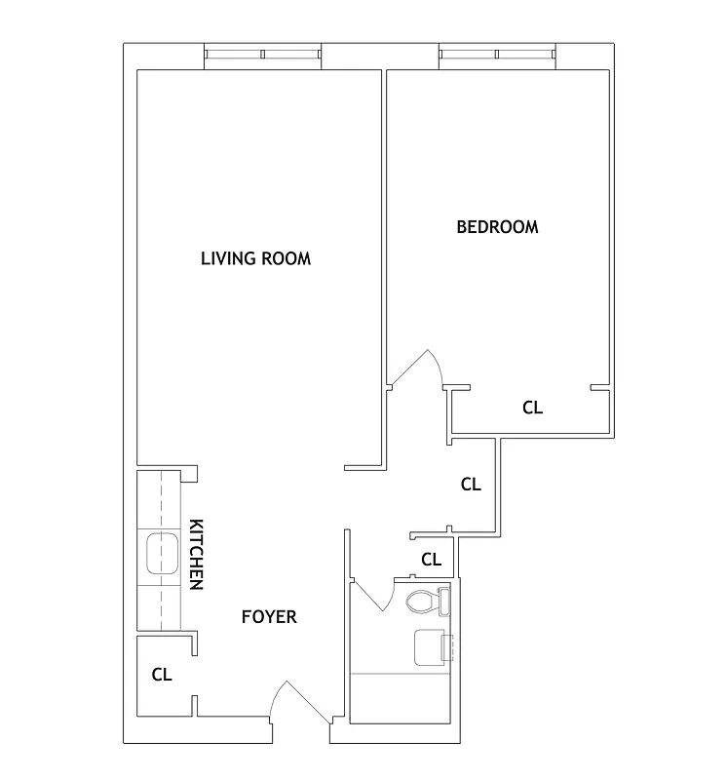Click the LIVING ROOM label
(255, 258)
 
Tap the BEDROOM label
(497, 227)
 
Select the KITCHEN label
(195, 553)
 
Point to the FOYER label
(269, 617)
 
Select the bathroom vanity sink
(430, 647)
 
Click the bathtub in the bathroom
(400, 697)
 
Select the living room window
(263, 56)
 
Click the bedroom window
(497, 56)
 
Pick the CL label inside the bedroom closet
(532, 408)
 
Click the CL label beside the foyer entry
(162, 674)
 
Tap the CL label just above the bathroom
(431, 560)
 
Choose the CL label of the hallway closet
(471, 484)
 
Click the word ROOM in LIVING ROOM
(286, 258)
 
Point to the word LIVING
(227, 258)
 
